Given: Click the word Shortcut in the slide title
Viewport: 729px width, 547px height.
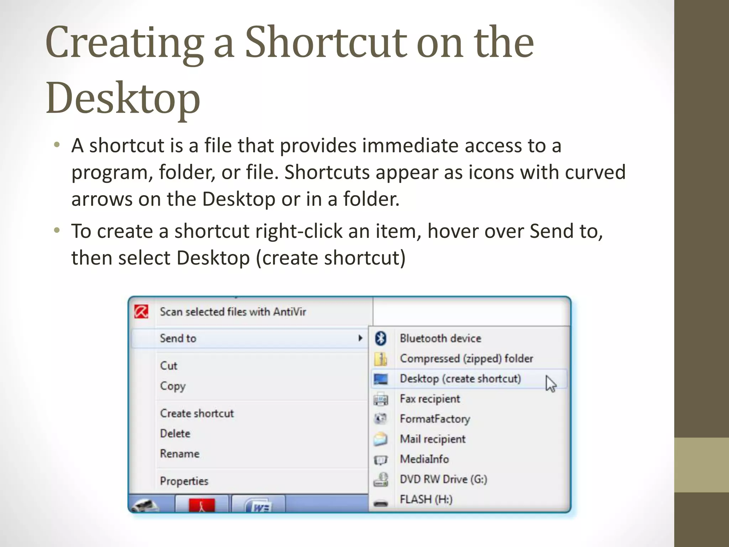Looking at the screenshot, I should [x=326, y=43].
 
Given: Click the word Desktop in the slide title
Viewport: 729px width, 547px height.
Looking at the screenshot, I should [x=123, y=98].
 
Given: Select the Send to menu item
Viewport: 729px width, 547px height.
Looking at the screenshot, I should [x=178, y=338].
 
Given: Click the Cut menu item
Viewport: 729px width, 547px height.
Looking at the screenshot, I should [x=168, y=366].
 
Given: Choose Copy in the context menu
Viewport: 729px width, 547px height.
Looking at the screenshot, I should [x=173, y=386].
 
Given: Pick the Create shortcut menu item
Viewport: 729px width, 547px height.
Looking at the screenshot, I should [x=197, y=413].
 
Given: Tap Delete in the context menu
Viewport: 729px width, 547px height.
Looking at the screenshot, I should [x=175, y=434].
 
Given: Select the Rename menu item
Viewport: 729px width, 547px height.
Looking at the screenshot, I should [x=179, y=454].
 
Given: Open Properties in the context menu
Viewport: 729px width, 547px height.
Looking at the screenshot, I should [x=184, y=481].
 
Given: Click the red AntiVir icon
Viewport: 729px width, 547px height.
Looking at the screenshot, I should [x=141, y=312].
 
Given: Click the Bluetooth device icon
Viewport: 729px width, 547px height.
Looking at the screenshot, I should [x=381, y=338].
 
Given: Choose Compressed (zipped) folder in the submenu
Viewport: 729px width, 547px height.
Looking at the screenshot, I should [x=466, y=359].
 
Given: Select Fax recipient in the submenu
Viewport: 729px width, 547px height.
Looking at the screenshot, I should [x=430, y=399].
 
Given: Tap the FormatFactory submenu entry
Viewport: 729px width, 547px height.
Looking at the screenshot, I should [x=435, y=419].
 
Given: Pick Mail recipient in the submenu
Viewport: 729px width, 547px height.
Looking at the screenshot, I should [x=432, y=439].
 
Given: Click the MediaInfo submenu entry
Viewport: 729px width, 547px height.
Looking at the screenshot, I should [x=424, y=459].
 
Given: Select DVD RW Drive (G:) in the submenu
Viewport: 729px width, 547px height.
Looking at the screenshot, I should [x=443, y=479].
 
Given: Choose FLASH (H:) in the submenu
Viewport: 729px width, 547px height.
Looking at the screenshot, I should [x=426, y=499].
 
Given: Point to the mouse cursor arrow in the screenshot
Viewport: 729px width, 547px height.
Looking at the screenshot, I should [x=550, y=384].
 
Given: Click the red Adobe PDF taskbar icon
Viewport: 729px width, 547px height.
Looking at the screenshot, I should [x=201, y=505].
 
